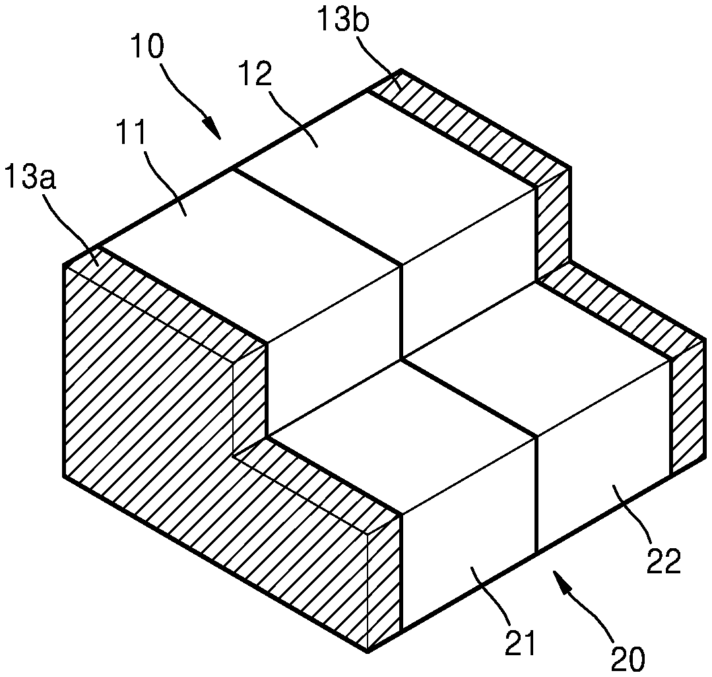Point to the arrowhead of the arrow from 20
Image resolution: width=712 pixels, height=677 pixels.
561,581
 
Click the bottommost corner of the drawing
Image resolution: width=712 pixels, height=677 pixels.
368,651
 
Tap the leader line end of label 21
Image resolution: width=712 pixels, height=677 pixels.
472,568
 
